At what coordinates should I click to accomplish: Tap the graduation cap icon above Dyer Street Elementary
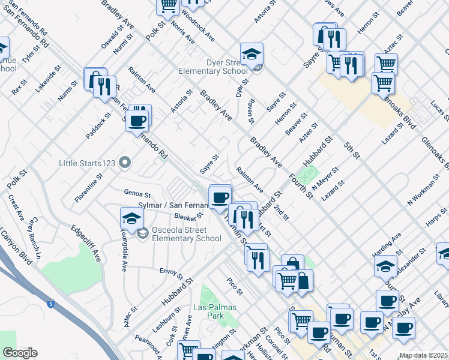(252, 53)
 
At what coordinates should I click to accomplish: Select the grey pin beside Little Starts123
(125, 162)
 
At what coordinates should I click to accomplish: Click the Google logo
(20, 353)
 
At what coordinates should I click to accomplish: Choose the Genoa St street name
(137, 194)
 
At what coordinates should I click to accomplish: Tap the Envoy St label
(172, 273)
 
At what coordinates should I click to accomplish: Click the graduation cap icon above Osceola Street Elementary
(131, 219)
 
